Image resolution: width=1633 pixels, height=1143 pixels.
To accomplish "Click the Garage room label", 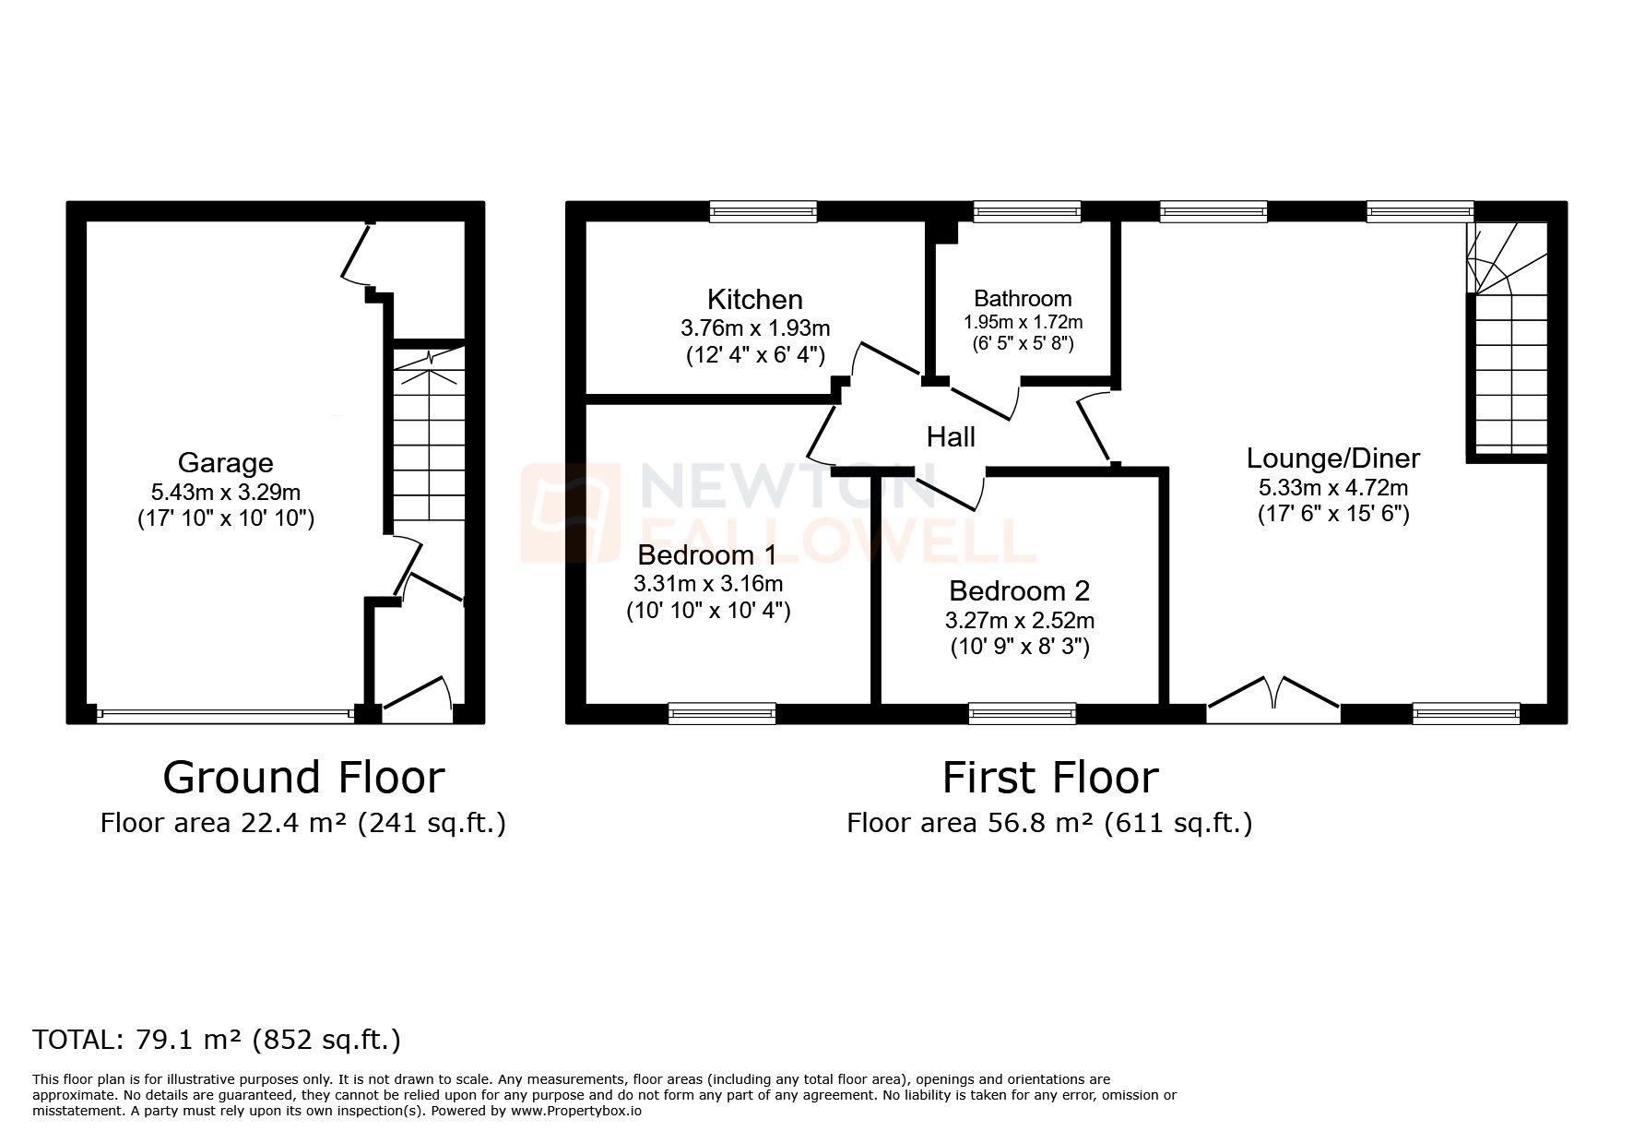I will (x=225, y=462).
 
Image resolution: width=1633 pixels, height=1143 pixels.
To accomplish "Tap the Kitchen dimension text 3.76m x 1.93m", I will (x=754, y=327).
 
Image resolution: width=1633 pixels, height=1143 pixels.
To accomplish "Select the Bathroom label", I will (x=1022, y=298).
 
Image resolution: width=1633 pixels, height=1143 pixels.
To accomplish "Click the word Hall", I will (x=950, y=436).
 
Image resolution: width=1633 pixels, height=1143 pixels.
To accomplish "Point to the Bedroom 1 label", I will (x=706, y=554).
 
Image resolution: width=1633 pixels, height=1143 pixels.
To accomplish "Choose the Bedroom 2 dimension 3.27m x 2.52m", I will (x=1019, y=621).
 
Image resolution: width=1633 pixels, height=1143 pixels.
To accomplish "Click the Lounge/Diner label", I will (x=1332, y=458).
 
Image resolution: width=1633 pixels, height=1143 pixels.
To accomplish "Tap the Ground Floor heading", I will (x=303, y=777).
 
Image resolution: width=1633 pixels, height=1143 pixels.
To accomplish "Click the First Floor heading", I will (x=1049, y=777).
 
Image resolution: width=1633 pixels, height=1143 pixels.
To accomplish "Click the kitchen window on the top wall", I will (x=763, y=213).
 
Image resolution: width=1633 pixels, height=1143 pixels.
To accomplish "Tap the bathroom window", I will (x=1026, y=213).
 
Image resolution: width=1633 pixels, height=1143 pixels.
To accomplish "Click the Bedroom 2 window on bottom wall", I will (x=1022, y=713).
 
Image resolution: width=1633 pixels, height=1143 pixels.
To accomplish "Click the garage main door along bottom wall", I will (x=225, y=713).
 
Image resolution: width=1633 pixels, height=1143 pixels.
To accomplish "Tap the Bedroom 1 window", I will (x=721, y=713).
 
